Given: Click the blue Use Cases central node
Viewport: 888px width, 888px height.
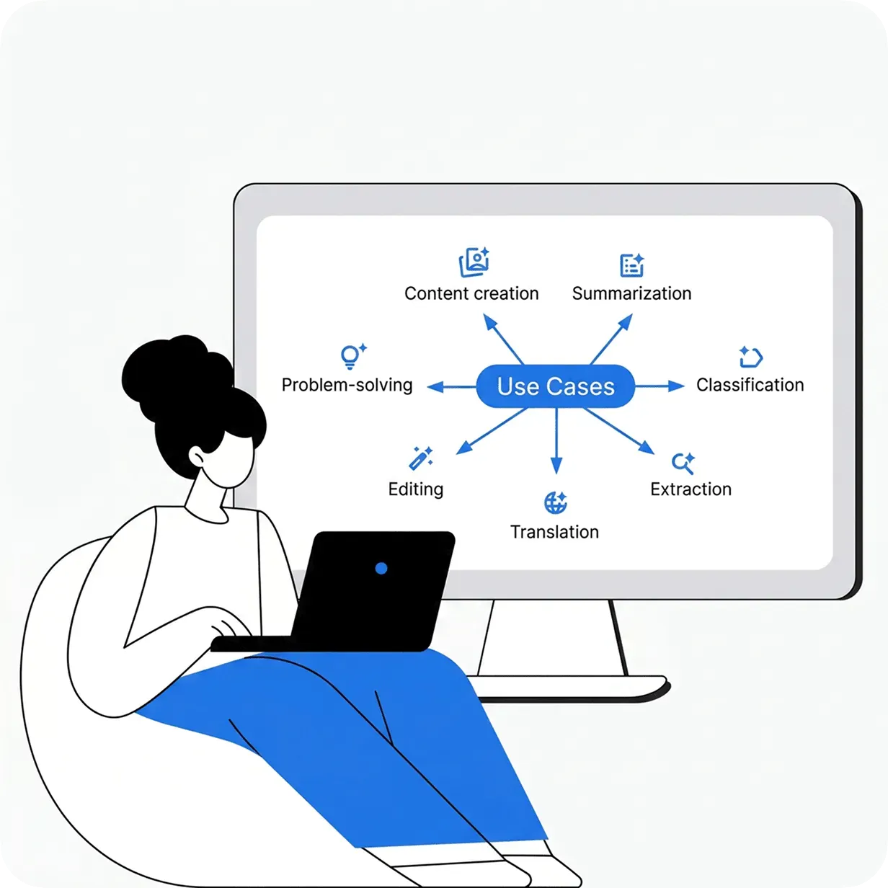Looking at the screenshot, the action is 555,386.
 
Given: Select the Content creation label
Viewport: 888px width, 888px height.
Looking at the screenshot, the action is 471,293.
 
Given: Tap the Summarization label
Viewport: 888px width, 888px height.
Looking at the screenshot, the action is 632,293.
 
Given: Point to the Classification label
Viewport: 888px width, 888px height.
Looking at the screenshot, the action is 750,385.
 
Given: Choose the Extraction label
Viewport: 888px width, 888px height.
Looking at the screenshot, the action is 691,489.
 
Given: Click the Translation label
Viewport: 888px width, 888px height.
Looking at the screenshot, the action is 554,532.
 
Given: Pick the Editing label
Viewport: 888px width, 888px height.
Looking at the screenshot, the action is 416,489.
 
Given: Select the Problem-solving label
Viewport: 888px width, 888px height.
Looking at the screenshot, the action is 347,385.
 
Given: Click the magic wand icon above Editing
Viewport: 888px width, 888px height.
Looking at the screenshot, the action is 420,458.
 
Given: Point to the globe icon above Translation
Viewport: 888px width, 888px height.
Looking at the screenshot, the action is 555,503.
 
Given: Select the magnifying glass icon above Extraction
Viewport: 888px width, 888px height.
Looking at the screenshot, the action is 683,463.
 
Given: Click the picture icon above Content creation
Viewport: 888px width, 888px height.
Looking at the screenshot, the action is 474,262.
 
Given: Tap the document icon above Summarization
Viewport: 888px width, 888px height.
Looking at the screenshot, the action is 632,265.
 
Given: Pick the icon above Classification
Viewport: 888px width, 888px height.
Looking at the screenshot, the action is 750,357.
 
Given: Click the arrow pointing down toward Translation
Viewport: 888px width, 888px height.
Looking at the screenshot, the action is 556,441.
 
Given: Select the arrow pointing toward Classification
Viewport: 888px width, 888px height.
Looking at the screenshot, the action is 660,386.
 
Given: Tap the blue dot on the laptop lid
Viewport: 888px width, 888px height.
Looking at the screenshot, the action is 381,568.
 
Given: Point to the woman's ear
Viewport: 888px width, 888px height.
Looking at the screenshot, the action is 197,457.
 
